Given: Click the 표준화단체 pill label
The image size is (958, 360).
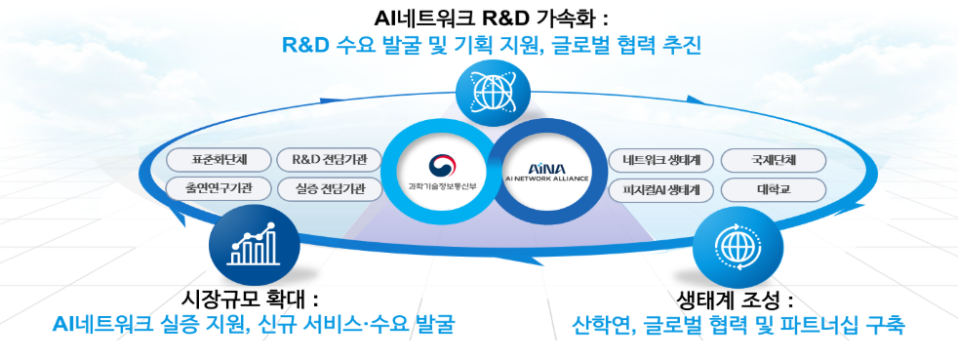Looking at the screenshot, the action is coord(210,160).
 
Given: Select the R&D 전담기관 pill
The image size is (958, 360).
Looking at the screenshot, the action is coord(330,160).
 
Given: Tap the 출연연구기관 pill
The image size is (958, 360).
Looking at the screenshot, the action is coord(210,189).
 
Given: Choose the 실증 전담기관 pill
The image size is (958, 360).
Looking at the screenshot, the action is coord(330,189).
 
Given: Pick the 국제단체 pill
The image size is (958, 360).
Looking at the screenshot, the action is coord(774,161).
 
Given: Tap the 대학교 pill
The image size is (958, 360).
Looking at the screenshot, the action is coord(774,189).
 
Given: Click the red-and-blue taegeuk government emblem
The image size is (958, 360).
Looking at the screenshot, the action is coord(442,165).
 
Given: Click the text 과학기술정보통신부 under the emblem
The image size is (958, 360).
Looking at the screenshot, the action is coord(442,185).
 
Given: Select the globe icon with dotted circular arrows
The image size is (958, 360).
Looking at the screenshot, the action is coord(738,247).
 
